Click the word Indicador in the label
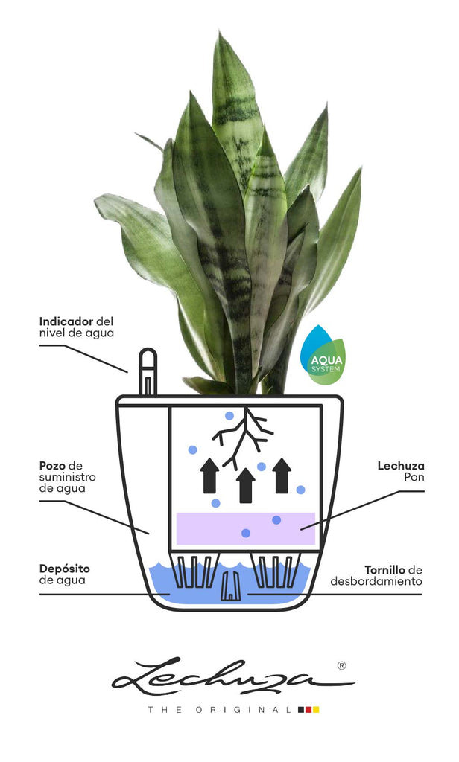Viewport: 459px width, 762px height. [x=66, y=321]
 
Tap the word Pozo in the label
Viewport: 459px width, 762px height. [x=53, y=466]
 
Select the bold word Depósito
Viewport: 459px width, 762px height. [x=65, y=569]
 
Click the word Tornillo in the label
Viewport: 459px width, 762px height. [x=385, y=569]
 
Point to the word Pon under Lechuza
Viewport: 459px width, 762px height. [x=414, y=477]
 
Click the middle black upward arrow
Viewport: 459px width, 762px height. [x=246, y=485]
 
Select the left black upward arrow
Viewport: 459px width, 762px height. [x=210, y=476]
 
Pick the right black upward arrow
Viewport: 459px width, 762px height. [x=282, y=476]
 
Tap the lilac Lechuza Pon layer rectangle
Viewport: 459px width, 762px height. [x=246, y=528]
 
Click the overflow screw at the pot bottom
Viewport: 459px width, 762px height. [x=230, y=586]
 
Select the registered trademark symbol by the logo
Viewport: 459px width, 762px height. [x=342, y=665]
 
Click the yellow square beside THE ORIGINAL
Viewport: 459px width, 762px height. [x=316, y=710]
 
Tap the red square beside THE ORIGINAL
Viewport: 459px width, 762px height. [x=308, y=710]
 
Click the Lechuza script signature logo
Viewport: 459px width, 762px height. [x=233, y=677]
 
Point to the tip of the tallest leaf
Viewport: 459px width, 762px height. [x=220, y=33]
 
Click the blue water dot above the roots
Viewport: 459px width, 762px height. [x=229, y=416]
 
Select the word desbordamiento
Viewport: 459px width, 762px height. [x=376, y=581]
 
